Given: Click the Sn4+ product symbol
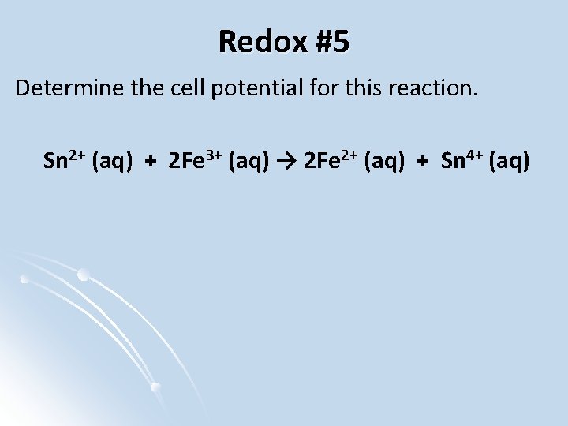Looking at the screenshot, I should coord(463,162).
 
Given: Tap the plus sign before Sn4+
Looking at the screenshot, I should coord(423,163).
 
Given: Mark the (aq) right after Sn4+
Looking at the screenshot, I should coord(511,163).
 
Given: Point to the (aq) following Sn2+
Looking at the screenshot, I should coord(111,163).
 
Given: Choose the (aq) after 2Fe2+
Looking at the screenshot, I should coord(387,163).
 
